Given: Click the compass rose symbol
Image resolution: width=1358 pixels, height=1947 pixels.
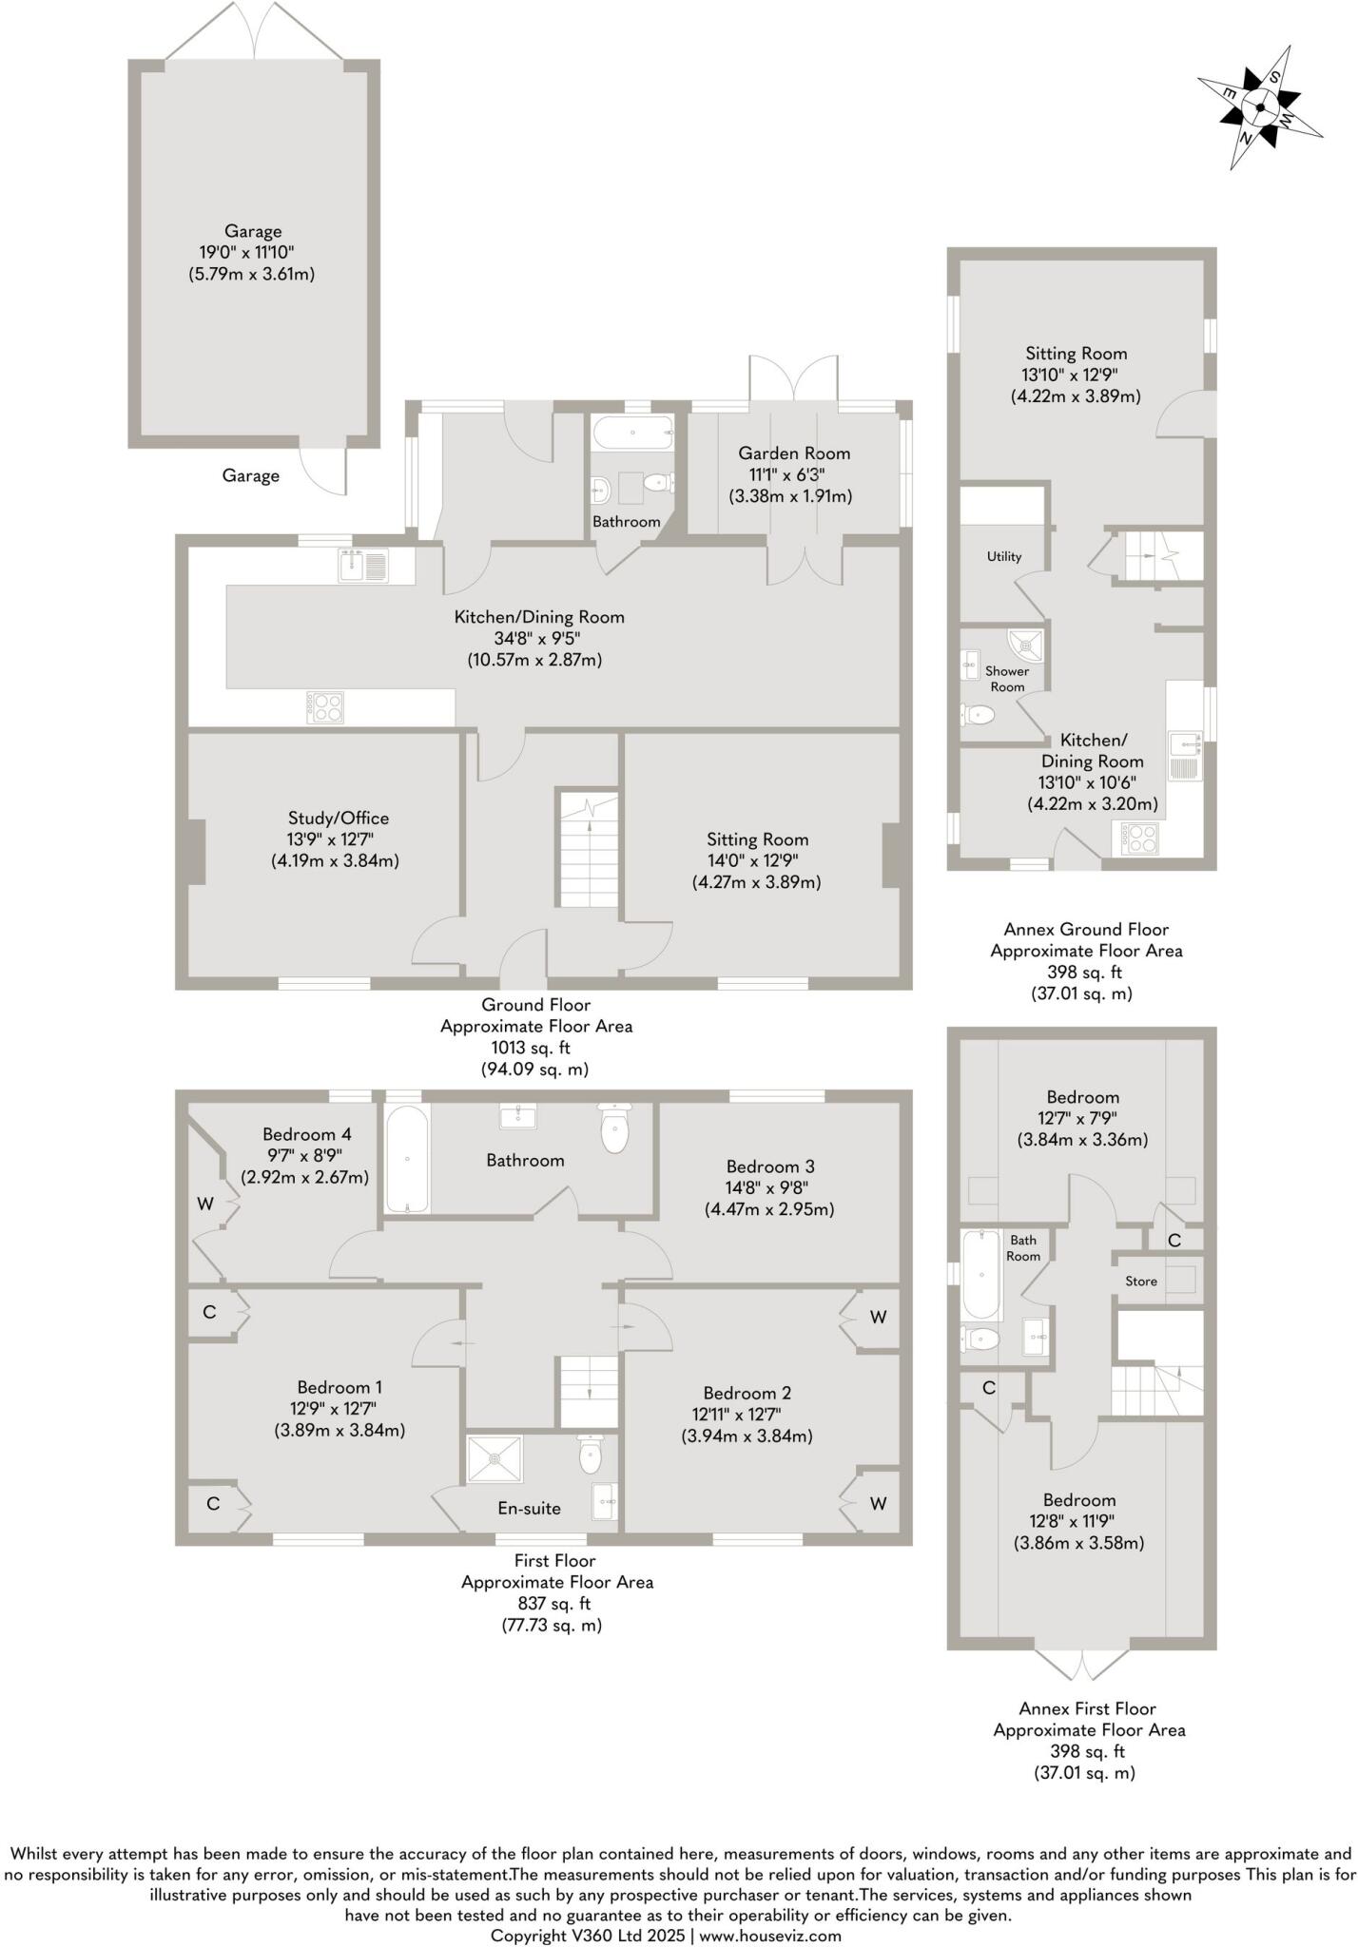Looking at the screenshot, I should (x=1260, y=106).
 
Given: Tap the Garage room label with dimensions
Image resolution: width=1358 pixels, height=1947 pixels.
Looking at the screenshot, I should (x=253, y=253).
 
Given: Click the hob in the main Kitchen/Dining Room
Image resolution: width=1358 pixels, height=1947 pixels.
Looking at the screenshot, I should (x=325, y=707).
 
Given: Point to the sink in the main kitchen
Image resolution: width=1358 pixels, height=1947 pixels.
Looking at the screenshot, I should (x=362, y=567).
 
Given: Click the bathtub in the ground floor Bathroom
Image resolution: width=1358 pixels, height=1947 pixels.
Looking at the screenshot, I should (x=633, y=434).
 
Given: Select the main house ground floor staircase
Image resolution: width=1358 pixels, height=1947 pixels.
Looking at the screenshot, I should (x=589, y=849).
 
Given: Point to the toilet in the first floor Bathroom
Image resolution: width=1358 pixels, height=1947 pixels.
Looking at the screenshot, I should (x=615, y=1129).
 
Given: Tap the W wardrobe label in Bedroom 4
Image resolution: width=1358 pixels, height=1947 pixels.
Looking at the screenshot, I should (x=204, y=1204).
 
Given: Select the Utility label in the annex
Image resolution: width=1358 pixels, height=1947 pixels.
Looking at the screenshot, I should (x=1003, y=556).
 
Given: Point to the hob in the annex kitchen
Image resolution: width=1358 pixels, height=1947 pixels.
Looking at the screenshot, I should (x=1139, y=838).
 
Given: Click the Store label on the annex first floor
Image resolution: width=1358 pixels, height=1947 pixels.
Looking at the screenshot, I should (x=1140, y=1282).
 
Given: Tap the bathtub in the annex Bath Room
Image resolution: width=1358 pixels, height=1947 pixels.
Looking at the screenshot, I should (x=981, y=1275).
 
